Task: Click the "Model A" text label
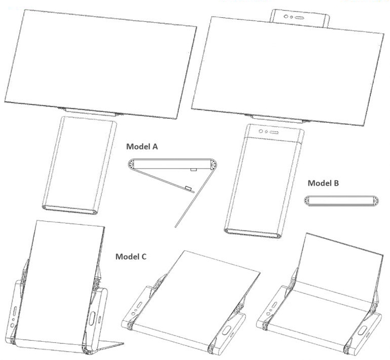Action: point(142,147)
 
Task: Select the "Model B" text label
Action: point(323,183)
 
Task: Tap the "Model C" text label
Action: point(131,256)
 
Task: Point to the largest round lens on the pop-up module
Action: point(286,17)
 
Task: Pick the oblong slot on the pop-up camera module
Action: point(300,18)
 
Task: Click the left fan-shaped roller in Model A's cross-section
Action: point(132,164)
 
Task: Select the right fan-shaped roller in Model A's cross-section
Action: point(213,165)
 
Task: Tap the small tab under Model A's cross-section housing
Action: point(193,170)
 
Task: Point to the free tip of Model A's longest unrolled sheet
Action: point(176,226)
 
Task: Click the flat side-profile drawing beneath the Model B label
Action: point(342,201)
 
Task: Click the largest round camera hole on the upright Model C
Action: point(12,326)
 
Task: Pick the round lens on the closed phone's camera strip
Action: point(261,131)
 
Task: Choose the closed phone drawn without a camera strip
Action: point(80,165)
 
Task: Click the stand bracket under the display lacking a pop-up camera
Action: point(90,112)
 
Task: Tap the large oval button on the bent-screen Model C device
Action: point(361,331)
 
